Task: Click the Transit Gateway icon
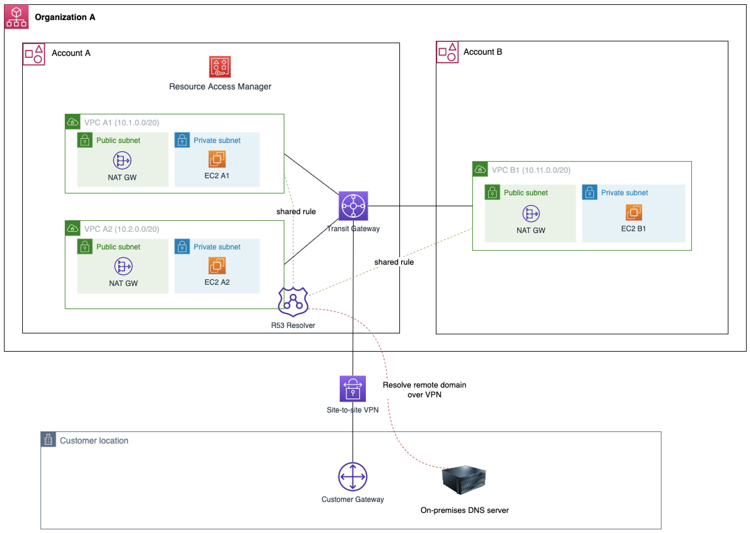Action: pos(353,206)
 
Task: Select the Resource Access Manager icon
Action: pos(220,67)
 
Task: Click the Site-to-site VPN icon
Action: pos(352,388)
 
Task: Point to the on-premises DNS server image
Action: pos(464,479)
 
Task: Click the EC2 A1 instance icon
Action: pos(217,159)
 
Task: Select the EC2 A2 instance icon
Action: pos(217,266)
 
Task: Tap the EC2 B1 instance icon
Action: pos(633,212)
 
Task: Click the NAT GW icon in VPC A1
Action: pos(122,161)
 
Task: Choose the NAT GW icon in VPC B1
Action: pos(530,214)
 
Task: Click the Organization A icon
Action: pos(16,17)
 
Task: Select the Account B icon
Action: pos(447,52)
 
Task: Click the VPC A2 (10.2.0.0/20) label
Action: pos(121,229)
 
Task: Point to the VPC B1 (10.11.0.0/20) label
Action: pos(530,170)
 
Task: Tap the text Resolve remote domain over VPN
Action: pos(424,390)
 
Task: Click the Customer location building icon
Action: pos(48,440)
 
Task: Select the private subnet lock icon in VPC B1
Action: pos(589,192)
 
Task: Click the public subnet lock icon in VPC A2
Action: pos(85,246)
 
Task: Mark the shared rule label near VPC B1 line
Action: pos(394,262)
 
